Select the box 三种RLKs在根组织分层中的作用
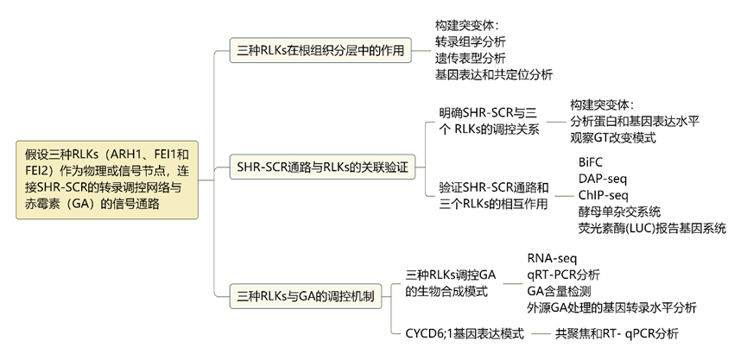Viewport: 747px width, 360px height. click(320, 50)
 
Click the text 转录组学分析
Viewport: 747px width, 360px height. click(471, 41)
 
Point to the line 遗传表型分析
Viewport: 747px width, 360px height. click(471, 58)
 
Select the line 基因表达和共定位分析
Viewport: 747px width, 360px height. click(494, 74)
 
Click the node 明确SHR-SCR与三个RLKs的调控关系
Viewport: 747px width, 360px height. click(489, 121)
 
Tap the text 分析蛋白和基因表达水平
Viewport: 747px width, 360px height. click(635, 121)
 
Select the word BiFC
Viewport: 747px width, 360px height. click(594, 161)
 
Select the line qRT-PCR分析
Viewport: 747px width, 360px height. click(563, 274)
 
